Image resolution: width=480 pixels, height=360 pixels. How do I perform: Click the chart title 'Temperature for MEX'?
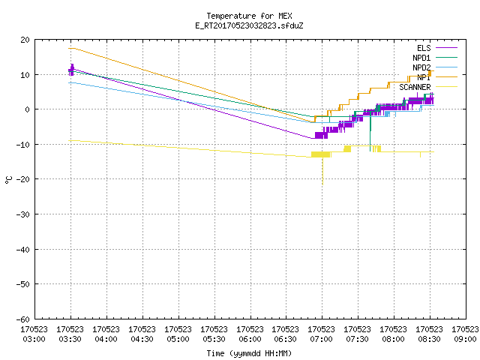click(249, 16)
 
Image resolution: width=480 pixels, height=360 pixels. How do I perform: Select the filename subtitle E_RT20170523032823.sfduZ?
click(249, 25)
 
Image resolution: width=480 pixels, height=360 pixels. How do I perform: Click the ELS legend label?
click(424, 48)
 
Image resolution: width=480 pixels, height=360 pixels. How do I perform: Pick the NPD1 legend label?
click(421, 58)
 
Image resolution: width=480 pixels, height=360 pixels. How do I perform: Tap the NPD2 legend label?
click(421, 67)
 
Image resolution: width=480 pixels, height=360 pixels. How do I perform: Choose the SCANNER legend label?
click(415, 87)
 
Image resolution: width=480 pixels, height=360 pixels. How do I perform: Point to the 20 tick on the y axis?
click(25, 40)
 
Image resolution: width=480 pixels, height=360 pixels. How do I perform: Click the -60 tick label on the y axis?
click(23, 319)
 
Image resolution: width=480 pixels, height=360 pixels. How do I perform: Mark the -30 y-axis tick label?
click(23, 214)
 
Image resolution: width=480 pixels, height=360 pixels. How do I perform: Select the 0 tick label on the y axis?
click(28, 109)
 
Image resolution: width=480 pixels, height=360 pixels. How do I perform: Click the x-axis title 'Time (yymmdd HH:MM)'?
click(249, 353)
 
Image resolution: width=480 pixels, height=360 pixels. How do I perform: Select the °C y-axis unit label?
click(8, 180)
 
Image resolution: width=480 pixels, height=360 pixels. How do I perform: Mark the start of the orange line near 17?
click(68, 48)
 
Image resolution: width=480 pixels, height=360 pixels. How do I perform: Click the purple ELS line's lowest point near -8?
click(312, 138)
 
